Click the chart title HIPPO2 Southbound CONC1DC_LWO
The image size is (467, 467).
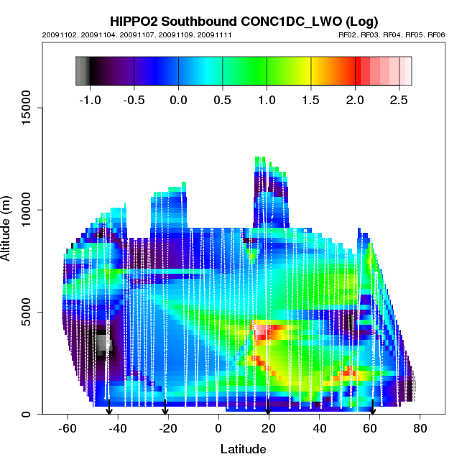click(x=244, y=21)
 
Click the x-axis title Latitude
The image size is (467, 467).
click(x=243, y=449)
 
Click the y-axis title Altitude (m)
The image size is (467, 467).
click(x=9, y=227)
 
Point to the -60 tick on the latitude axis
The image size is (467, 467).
click(x=67, y=428)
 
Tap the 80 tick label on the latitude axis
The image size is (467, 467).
click(x=420, y=428)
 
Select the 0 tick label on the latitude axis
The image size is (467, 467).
click(x=218, y=428)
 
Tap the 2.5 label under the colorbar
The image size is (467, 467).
click(x=399, y=100)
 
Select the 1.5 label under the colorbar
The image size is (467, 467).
click(x=310, y=100)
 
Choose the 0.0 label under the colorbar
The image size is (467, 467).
click(x=177, y=100)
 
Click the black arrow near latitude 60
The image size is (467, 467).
click(x=372, y=409)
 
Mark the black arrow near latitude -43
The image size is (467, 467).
click(x=109, y=408)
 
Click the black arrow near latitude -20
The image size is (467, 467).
click(x=165, y=407)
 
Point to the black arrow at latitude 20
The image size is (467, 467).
click(x=268, y=408)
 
